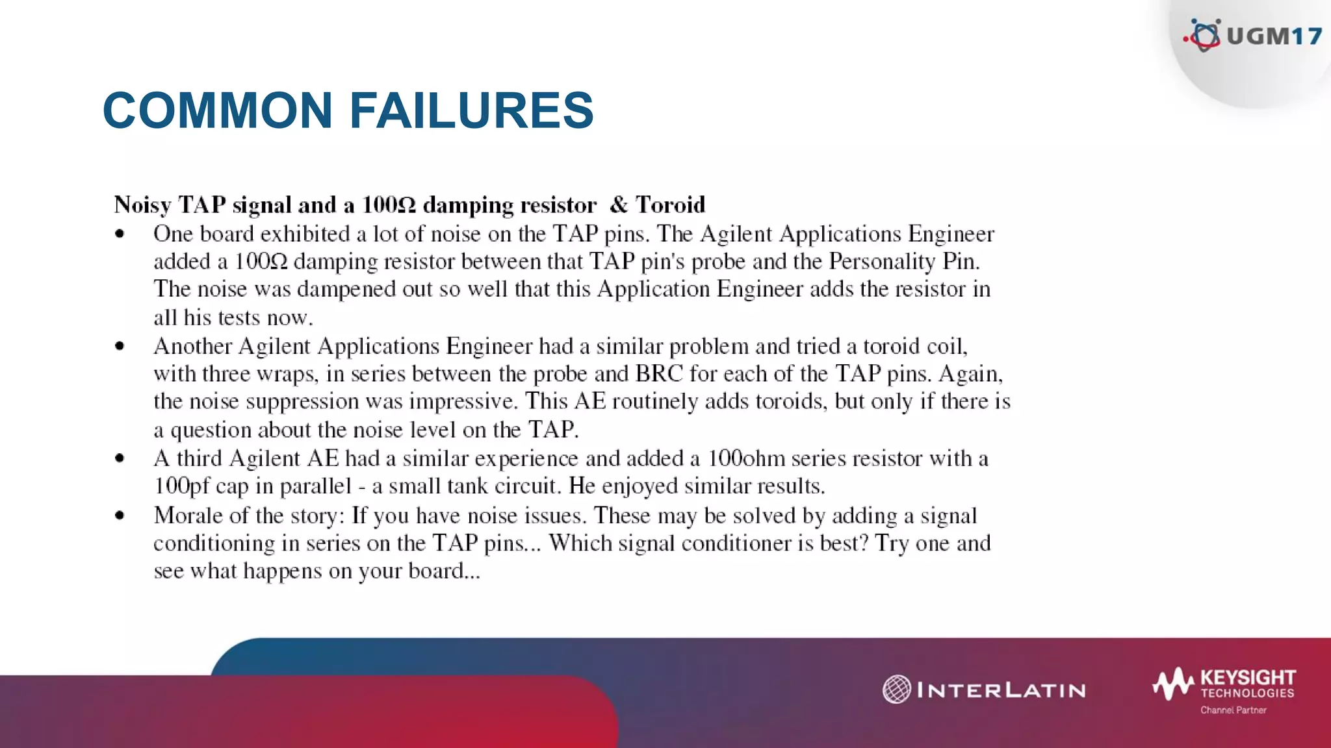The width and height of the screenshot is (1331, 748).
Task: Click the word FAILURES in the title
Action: point(471,110)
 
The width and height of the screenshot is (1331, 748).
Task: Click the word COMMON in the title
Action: point(218,110)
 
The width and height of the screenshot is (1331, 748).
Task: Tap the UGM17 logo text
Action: point(1274,36)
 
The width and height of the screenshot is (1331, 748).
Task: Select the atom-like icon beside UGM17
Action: point(1204,35)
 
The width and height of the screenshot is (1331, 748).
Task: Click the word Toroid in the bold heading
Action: point(670,205)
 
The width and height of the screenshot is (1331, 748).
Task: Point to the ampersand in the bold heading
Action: point(618,205)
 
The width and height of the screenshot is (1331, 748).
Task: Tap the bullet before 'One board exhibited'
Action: point(120,234)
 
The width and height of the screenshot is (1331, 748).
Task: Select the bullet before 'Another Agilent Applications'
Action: point(120,346)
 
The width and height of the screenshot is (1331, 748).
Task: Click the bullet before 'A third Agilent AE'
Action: point(120,458)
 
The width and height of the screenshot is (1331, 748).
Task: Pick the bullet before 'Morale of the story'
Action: point(120,516)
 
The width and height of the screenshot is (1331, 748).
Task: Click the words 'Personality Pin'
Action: point(903,262)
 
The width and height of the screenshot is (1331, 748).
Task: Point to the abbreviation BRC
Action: point(659,374)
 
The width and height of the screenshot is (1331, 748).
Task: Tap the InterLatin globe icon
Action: point(897,689)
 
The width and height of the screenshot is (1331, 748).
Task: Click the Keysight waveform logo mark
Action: point(1173,684)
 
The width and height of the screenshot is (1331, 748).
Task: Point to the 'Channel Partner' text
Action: point(1233,710)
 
